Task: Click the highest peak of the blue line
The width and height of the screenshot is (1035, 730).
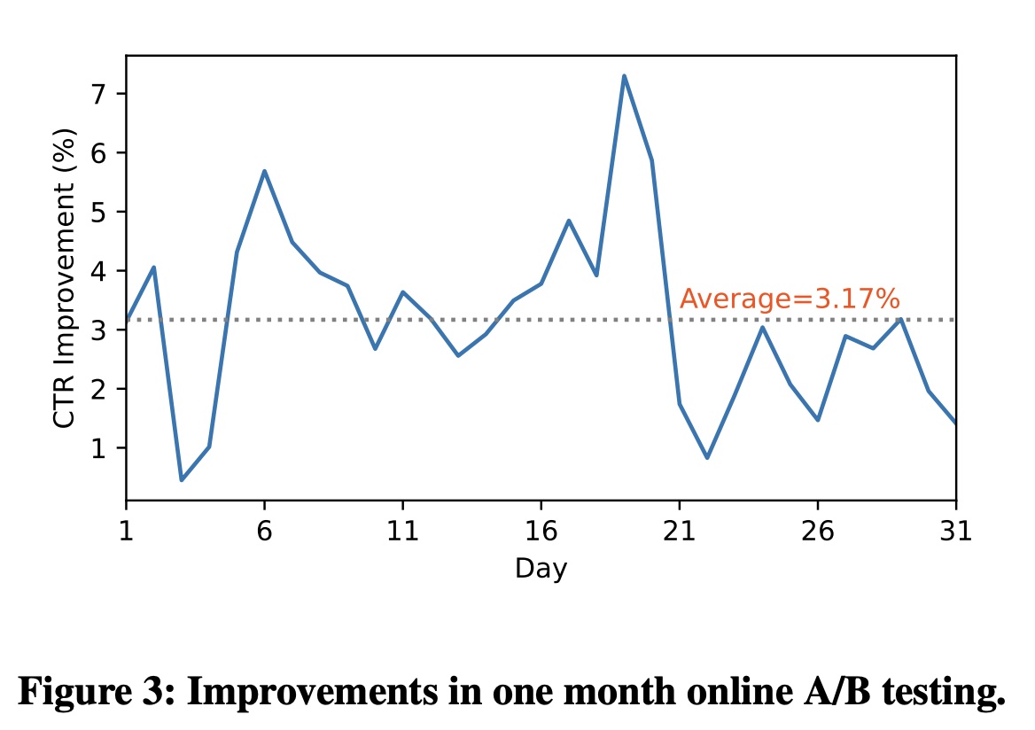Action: (x=624, y=76)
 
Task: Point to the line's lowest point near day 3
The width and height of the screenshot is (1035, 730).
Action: (x=182, y=479)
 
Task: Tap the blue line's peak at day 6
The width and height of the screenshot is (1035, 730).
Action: (x=264, y=171)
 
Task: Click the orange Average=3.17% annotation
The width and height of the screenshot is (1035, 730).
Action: (x=790, y=299)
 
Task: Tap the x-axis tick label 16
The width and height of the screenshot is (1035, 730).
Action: (x=541, y=532)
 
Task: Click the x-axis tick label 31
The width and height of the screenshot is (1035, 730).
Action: (x=955, y=532)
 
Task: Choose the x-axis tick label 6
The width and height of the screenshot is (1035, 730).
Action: (x=264, y=532)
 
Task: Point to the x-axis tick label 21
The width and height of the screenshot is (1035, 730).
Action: (x=679, y=532)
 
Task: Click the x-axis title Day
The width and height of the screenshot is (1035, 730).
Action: (x=541, y=568)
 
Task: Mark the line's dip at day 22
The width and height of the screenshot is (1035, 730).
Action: (x=707, y=457)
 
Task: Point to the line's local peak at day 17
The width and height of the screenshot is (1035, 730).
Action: (x=569, y=221)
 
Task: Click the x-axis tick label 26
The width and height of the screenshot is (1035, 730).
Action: (x=817, y=532)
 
